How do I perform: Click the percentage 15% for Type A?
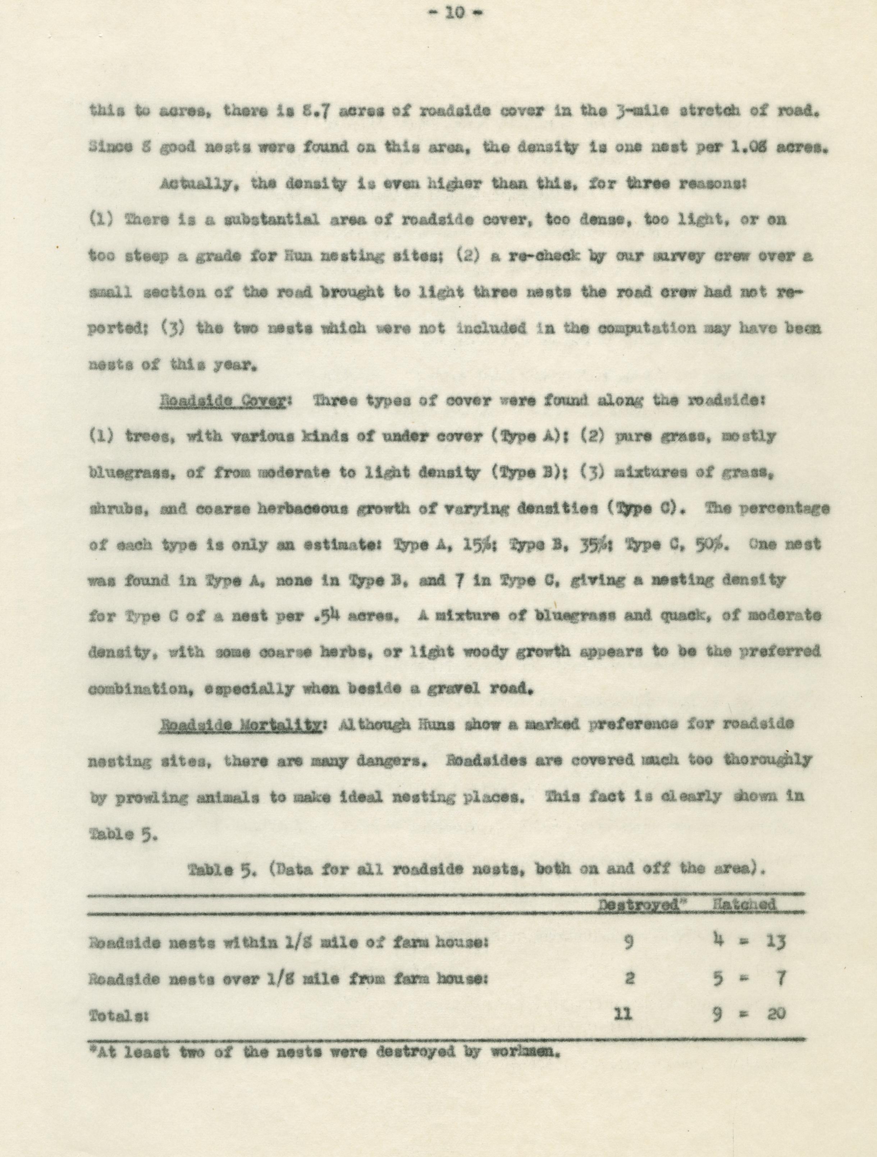(x=476, y=545)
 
